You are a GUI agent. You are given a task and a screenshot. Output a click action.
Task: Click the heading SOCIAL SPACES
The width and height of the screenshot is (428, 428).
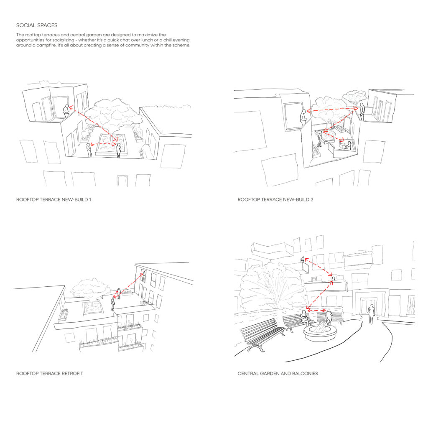click(37, 25)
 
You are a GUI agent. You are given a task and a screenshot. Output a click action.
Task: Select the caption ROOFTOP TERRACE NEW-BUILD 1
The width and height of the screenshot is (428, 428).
click(53, 199)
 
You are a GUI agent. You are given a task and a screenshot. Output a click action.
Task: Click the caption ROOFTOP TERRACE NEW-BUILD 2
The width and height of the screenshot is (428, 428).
click(275, 199)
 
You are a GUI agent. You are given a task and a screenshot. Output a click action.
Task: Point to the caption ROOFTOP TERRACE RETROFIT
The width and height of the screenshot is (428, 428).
click(49, 373)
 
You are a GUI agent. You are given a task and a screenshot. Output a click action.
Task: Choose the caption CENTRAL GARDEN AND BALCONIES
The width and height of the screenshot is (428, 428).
click(278, 373)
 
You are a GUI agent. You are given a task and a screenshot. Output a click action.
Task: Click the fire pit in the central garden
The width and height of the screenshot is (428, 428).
click(320, 331)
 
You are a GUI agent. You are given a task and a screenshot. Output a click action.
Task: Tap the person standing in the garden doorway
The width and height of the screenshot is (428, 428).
click(371, 314)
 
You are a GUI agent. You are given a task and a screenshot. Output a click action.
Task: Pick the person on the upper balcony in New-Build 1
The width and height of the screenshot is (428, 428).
click(66, 111)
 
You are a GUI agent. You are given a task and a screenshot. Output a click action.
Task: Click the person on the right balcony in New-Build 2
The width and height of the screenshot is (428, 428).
click(362, 111)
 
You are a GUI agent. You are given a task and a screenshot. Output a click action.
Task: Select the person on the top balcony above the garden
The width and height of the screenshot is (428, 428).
click(303, 259)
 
